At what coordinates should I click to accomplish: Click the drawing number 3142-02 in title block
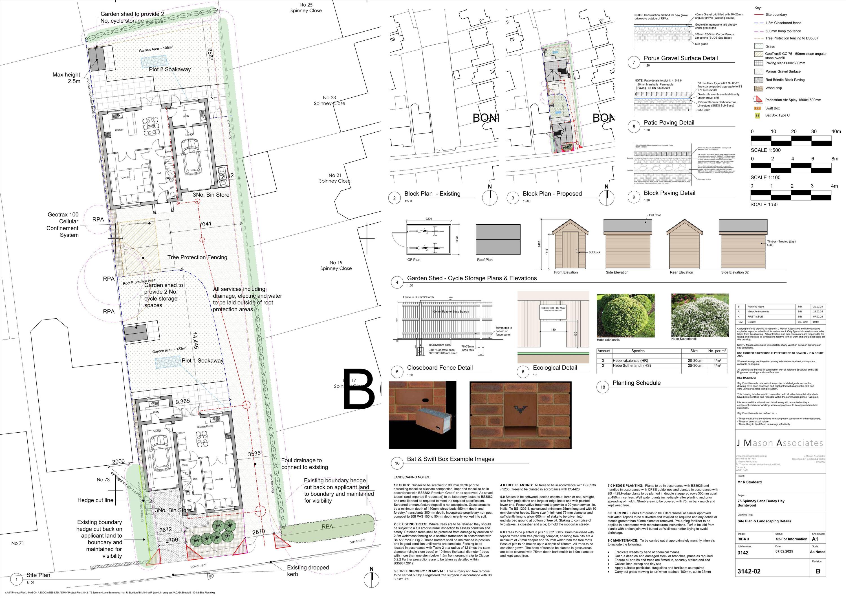coord(749,571)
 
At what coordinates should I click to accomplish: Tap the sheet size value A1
coord(815,539)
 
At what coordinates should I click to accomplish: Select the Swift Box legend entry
coord(772,108)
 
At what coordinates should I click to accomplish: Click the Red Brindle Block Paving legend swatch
coord(758,80)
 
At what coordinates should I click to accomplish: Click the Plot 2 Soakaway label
coord(170,69)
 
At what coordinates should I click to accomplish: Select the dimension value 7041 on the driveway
coord(205,224)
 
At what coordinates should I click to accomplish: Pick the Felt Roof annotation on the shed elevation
coord(655,215)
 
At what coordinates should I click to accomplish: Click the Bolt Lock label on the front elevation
coord(594,252)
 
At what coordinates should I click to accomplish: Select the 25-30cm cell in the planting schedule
coord(695,366)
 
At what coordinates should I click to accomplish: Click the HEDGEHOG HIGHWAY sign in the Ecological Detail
coord(553,308)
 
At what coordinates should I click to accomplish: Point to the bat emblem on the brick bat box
coord(519,409)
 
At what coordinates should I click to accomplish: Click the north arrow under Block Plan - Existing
coord(490,197)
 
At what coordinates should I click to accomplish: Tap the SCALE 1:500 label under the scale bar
coord(766,150)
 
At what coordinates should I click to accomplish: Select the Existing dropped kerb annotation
coord(303,571)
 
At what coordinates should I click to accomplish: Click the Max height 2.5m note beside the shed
coord(66,78)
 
